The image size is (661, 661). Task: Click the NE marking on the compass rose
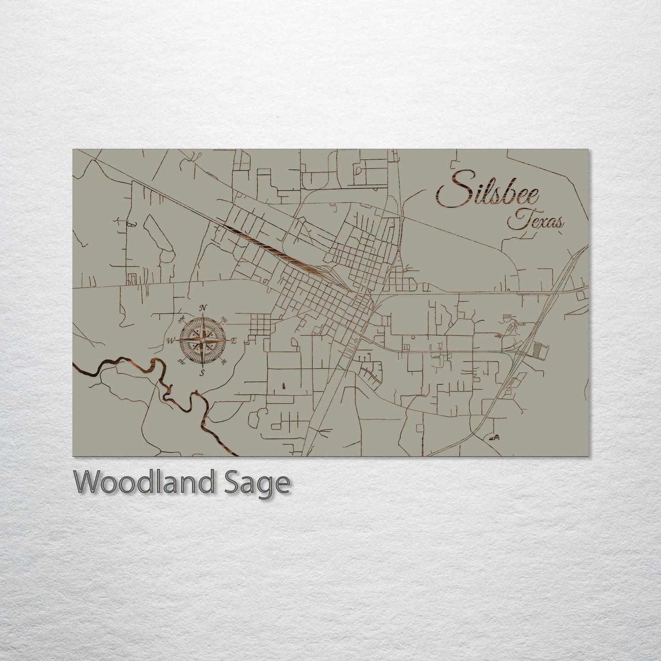(224, 318)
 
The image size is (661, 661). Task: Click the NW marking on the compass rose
(182, 318)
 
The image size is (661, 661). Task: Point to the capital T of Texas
(517, 220)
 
